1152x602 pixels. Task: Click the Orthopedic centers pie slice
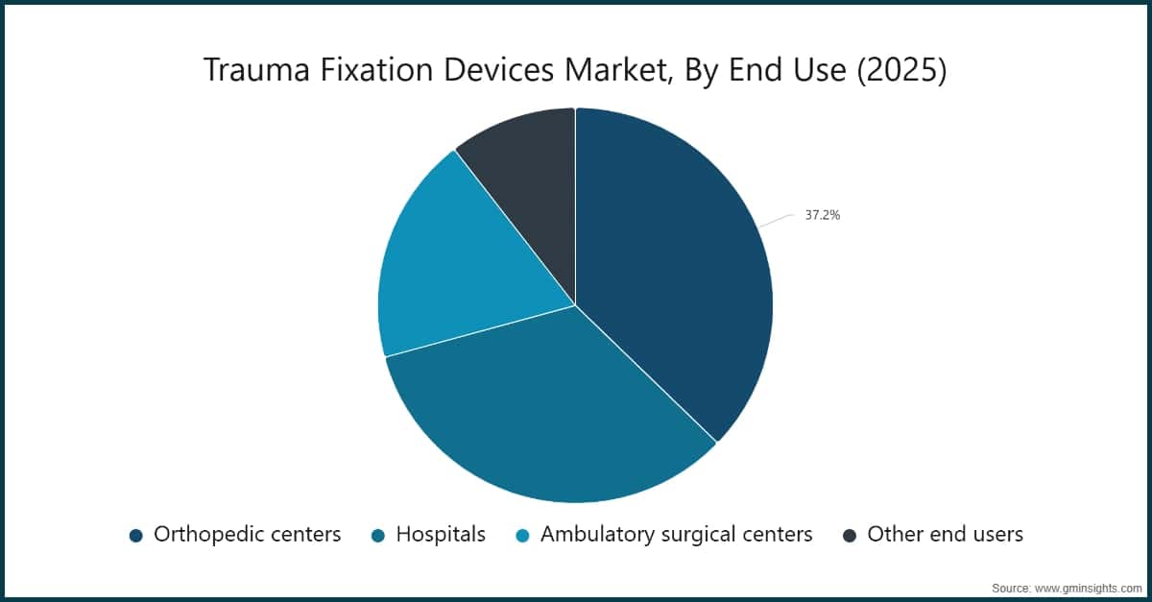coord(672,269)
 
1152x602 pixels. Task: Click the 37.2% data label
coord(822,216)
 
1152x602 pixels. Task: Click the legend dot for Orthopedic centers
coord(135,535)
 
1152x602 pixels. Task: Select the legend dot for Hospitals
coord(378,535)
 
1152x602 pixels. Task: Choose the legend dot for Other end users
coord(849,535)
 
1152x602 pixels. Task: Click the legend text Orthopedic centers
coord(247,534)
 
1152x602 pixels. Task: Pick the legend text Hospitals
coord(441,534)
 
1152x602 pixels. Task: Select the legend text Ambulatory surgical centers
coord(676,534)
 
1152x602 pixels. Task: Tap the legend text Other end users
coord(945,534)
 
